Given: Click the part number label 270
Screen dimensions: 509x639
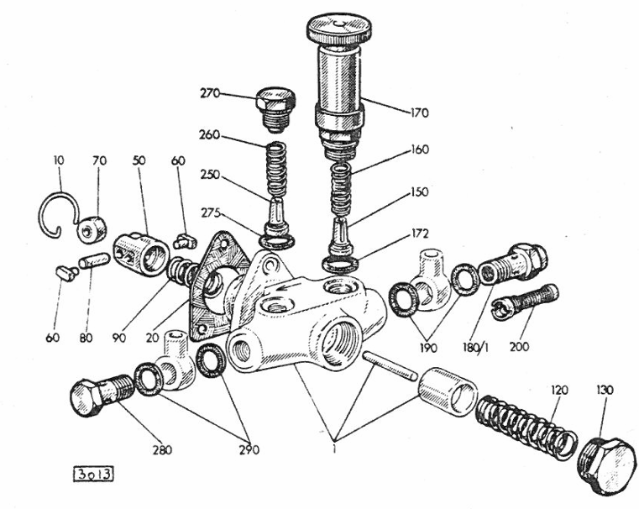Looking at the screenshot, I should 210,94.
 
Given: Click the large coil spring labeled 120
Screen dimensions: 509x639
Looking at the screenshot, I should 524,426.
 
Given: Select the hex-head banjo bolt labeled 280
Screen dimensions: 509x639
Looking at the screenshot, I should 95,398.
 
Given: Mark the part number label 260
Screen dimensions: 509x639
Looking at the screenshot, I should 210,134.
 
